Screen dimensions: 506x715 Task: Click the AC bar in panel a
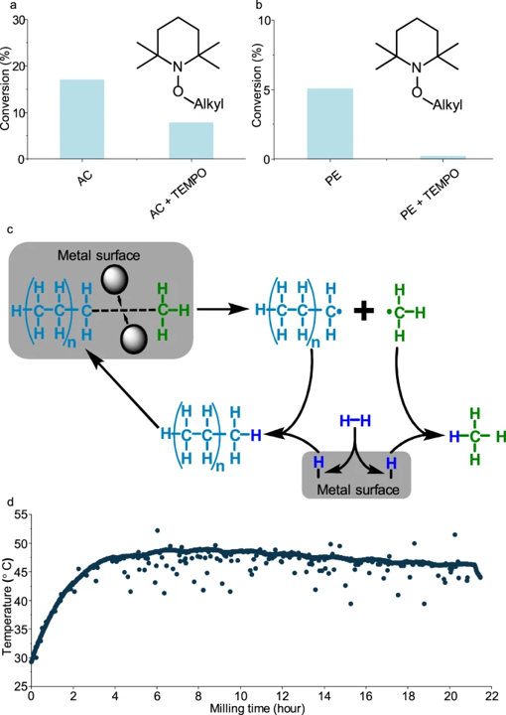[x=82, y=119]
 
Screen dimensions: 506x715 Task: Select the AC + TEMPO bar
[x=191, y=140]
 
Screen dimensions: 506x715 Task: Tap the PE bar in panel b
[x=329, y=123]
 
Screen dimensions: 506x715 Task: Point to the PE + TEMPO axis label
[x=430, y=194]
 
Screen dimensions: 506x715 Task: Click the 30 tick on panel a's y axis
[x=19, y=20]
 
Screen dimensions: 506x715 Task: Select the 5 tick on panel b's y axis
[x=266, y=89]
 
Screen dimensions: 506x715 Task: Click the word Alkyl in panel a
[x=209, y=104]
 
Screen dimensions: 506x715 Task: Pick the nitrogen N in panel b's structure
[x=417, y=68]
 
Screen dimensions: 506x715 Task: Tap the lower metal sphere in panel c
[x=134, y=340]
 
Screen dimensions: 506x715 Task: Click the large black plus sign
[x=364, y=312]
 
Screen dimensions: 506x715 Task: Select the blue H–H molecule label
[x=355, y=421]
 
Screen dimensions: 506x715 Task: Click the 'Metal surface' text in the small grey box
[x=358, y=490]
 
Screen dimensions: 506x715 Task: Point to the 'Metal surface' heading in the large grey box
[x=98, y=255]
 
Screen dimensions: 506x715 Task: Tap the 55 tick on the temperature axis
[x=21, y=514]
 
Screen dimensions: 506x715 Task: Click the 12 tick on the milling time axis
[x=283, y=696]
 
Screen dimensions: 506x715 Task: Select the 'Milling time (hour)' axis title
[x=257, y=708]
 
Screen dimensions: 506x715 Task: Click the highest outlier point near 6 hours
[x=158, y=530]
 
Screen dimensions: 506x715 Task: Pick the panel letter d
[x=12, y=502]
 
